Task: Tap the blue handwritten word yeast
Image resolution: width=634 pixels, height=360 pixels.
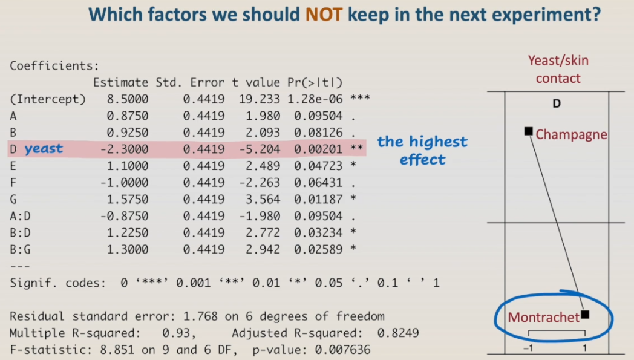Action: [x=44, y=148]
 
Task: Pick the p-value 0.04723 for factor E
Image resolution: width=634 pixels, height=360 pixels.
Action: [x=318, y=166]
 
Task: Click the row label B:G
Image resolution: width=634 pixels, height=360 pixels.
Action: [x=21, y=249]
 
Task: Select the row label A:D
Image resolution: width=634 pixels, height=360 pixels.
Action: [x=21, y=216]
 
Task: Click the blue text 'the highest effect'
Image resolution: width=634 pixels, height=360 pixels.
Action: [x=422, y=151]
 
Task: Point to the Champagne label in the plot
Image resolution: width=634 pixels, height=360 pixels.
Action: [x=570, y=134]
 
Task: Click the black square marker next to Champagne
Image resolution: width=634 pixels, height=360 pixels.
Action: [x=528, y=131]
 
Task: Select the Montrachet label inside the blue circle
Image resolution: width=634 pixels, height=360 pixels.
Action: [x=543, y=317]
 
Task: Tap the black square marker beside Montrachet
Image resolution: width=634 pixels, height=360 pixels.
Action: [x=584, y=315]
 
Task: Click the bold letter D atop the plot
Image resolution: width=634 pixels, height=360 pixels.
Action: [x=557, y=103]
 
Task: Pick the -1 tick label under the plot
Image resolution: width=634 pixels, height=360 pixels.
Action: [x=528, y=349]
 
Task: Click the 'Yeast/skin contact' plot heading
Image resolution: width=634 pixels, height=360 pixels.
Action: [x=558, y=69]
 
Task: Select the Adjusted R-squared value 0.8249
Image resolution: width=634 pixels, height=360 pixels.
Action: [x=397, y=333]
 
